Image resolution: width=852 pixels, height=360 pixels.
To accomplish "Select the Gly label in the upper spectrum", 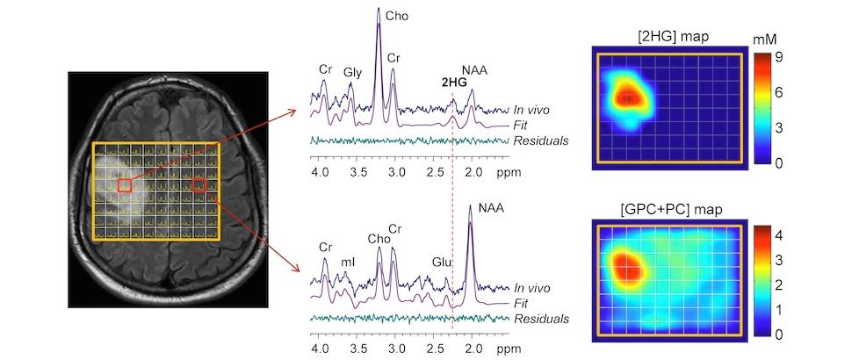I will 353,72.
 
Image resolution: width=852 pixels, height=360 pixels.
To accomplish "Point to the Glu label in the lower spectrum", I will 441,261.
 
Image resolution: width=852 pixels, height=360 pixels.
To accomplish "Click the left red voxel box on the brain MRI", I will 125,184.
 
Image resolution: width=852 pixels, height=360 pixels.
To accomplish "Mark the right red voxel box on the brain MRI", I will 199,184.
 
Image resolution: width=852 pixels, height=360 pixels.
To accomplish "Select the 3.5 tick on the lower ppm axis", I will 358,349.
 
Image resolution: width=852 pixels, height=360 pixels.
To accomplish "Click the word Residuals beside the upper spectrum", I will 539,140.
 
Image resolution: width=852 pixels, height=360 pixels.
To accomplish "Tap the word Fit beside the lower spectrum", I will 522,302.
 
